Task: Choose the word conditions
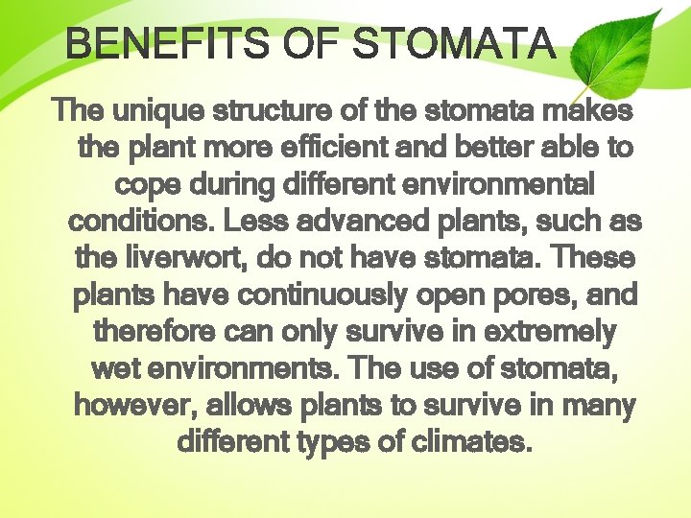coord(140,222)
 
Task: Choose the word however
coord(135,405)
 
